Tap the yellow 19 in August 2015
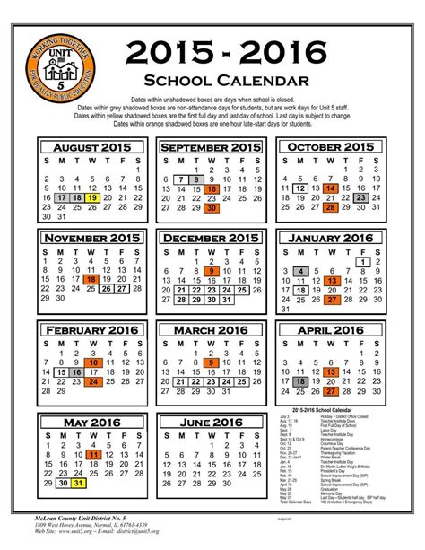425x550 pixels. click(x=94, y=196)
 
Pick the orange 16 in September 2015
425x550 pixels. click(x=212, y=189)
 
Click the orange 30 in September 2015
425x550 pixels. click(x=212, y=208)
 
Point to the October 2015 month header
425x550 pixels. click(x=331, y=147)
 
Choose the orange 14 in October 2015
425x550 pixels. click(x=331, y=189)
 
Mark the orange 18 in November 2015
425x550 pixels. click(x=92, y=280)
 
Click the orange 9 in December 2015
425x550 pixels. click(x=212, y=271)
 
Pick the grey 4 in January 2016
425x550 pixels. click(x=301, y=271)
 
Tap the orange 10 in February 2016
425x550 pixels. click(x=92, y=362)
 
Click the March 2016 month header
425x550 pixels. click(x=212, y=330)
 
